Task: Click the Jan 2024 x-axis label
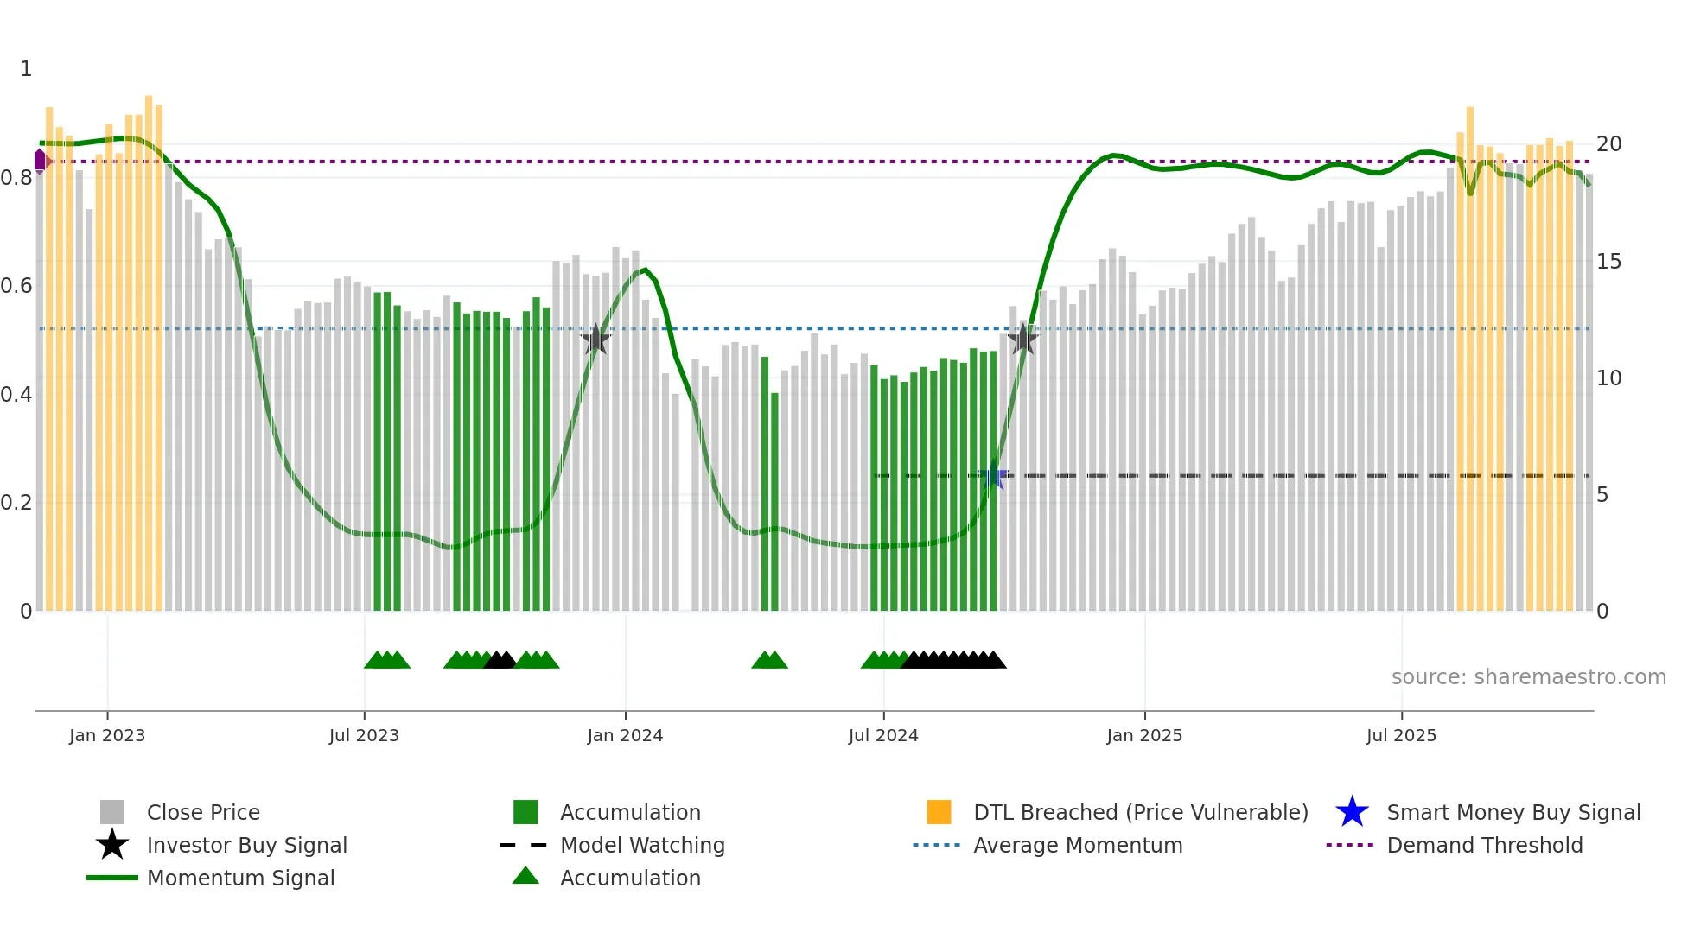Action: click(x=625, y=735)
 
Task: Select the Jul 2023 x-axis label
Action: click(x=364, y=735)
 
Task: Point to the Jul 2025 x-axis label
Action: click(x=1401, y=735)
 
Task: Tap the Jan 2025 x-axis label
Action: click(x=1144, y=735)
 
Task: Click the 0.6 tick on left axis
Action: click(x=17, y=286)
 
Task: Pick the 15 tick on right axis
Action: click(x=1608, y=262)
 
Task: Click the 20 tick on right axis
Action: click(x=1608, y=144)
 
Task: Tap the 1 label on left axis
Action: click(x=26, y=69)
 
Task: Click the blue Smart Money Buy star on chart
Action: click(x=993, y=476)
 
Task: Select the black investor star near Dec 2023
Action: click(x=595, y=340)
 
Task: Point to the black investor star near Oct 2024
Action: click(x=1023, y=339)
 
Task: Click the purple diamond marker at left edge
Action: click(x=40, y=161)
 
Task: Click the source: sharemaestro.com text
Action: click(x=1528, y=677)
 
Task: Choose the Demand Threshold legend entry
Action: click(x=1484, y=845)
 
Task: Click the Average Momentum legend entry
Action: click(x=1077, y=845)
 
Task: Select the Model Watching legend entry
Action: click(x=641, y=845)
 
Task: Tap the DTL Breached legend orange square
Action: click(x=939, y=812)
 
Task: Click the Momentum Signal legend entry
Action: click(x=240, y=878)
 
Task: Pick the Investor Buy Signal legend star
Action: click(x=112, y=845)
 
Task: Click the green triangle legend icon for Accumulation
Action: click(x=525, y=877)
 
